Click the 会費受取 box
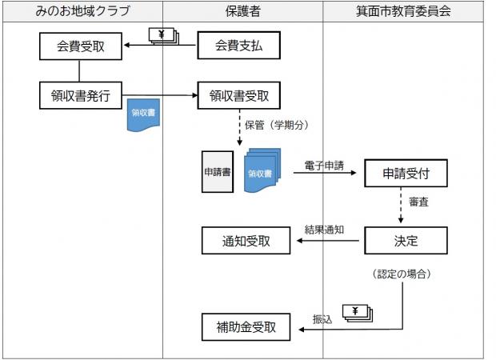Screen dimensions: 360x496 click(x=80, y=46)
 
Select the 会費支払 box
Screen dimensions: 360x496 click(x=239, y=46)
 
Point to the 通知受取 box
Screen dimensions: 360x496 click(x=246, y=239)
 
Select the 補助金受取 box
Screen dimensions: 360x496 click(x=246, y=326)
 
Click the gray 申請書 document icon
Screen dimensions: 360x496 click(x=216, y=172)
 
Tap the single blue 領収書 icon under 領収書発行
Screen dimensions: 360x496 click(x=145, y=115)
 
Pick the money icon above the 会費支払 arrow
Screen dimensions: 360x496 click(x=166, y=35)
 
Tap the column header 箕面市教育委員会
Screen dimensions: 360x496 click(x=403, y=11)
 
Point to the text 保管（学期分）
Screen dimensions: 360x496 click(x=276, y=125)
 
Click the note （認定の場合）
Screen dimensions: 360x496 click(x=402, y=274)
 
